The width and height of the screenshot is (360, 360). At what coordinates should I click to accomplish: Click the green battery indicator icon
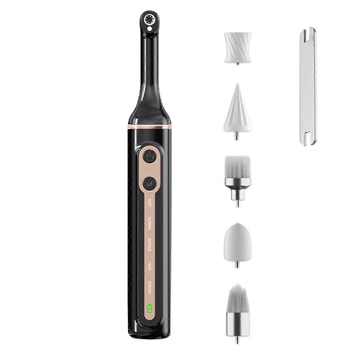149,308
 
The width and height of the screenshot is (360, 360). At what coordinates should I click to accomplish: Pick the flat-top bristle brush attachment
237,168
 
